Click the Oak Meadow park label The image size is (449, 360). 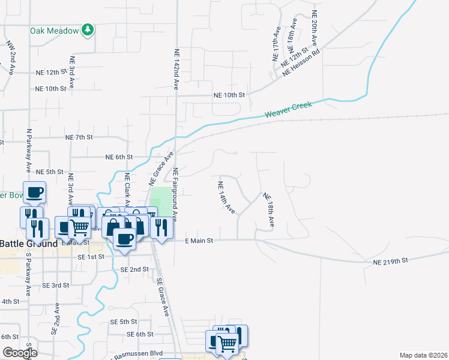point(55,30)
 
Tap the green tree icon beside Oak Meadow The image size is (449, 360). point(88,29)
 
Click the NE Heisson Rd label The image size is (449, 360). point(301,62)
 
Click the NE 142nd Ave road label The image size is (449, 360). point(176,70)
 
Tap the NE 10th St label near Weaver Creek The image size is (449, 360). point(230,95)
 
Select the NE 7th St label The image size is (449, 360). point(79,137)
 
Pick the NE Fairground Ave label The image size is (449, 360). point(176,192)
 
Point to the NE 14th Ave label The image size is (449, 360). point(226,197)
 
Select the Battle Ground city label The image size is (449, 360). point(28,244)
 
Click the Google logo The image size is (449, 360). point(20,353)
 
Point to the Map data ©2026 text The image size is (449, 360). point(423,355)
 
